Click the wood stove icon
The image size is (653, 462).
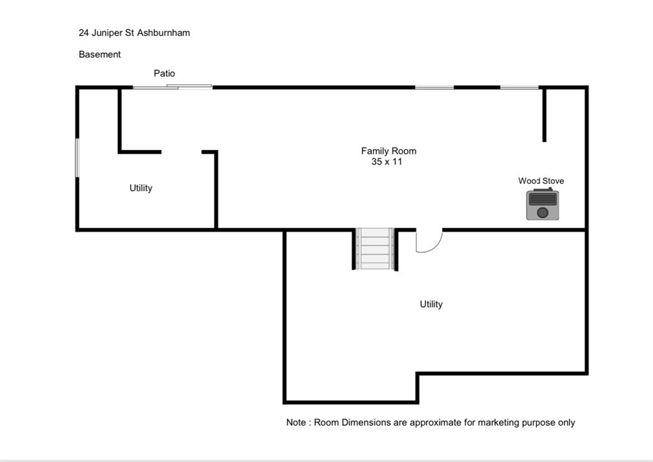point(542,204)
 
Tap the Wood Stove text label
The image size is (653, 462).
point(541,181)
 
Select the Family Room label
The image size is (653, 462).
point(388,151)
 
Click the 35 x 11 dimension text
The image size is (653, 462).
point(387,161)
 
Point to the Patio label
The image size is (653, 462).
point(165,73)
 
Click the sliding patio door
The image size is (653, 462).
point(172,87)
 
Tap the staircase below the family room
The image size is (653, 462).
point(375,249)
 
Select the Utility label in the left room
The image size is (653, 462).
point(141,188)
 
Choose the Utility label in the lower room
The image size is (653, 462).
point(431,304)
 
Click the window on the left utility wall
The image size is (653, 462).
point(77,158)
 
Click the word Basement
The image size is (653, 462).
point(99,54)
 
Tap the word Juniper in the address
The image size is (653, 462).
point(107,33)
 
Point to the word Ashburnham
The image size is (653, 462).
point(164,33)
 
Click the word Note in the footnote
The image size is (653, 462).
point(296,422)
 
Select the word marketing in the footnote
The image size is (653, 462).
point(497,423)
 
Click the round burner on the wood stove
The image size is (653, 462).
point(543,212)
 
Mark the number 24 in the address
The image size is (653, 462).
point(84,33)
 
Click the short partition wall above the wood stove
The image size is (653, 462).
point(545,115)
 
